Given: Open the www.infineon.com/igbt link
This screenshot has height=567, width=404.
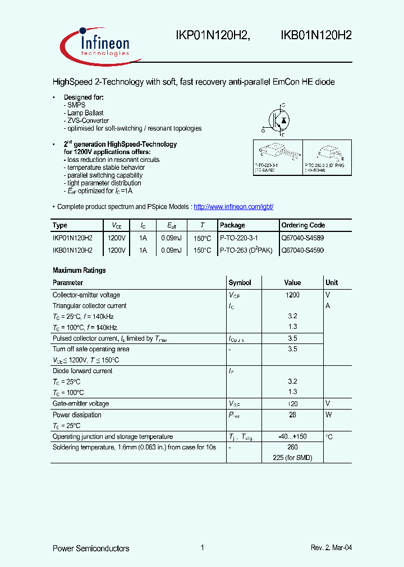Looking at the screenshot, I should pyautogui.click(x=233, y=207).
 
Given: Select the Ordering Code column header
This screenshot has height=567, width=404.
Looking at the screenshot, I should pyautogui.click(x=303, y=225).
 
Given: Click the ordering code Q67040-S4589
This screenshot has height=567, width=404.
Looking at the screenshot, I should pyautogui.click(x=302, y=238).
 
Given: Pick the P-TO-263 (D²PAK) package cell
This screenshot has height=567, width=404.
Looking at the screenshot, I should pyautogui.click(x=246, y=250).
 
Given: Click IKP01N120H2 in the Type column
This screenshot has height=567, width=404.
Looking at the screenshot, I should pyautogui.click(x=72, y=238).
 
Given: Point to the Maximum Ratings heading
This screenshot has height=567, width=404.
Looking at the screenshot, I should pyautogui.click(x=79, y=270).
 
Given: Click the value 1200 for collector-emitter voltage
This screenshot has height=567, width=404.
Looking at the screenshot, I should pyautogui.click(x=292, y=295).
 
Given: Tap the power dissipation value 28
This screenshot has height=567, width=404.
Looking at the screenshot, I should pyautogui.click(x=292, y=415).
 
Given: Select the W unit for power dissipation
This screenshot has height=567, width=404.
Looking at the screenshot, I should pyautogui.click(x=329, y=415).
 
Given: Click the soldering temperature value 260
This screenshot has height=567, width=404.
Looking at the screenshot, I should pyautogui.click(x=292, y=447).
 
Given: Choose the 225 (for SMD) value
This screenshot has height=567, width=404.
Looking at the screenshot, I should pyautogui.click(x=292, y=458).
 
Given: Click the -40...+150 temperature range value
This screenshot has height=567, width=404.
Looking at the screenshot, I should pyautogui.click(x=292, y=436).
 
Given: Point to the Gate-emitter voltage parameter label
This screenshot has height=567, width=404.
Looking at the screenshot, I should pyautogui.click(x=81, y=404).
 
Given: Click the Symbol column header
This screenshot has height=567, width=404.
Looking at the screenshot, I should pyautogui.click(x=240, y=283).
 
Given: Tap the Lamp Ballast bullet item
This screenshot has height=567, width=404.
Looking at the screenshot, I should pyautogui.click(x=85, y=113).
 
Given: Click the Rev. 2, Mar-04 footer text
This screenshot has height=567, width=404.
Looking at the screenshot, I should pyautogui.click(x=332, y=548).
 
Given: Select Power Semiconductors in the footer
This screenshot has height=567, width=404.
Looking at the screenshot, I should pyautogui.click(x=91, y=548).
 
